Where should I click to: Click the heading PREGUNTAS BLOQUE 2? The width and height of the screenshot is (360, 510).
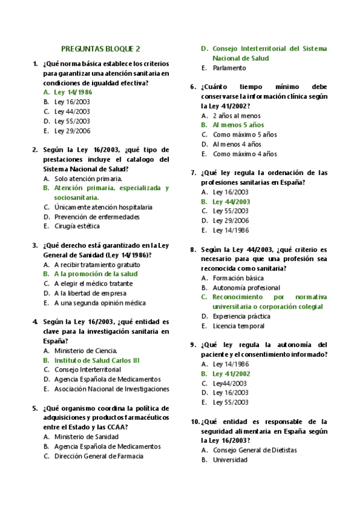click(x=100, y=49)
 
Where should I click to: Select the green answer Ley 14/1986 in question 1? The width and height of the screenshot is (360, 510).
click(x=73, y=92)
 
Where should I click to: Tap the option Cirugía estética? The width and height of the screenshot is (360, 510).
click(x=77, y=226)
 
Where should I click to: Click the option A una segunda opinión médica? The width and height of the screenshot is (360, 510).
click(x=100, y=303)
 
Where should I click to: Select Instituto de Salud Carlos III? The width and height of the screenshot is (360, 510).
click(x=96, y=360)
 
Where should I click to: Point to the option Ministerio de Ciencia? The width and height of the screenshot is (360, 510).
click(x=85, y=351)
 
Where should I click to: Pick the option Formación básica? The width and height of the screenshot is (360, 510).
click(x=238, y=278)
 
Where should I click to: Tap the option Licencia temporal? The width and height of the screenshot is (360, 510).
click(x=238, y=326)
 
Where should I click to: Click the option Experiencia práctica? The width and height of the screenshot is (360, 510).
click(x=241, y=316)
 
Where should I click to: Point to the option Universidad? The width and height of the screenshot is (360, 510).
click(x=230, y=459)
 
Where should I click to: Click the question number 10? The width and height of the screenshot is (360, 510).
click(x=195, y=422)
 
